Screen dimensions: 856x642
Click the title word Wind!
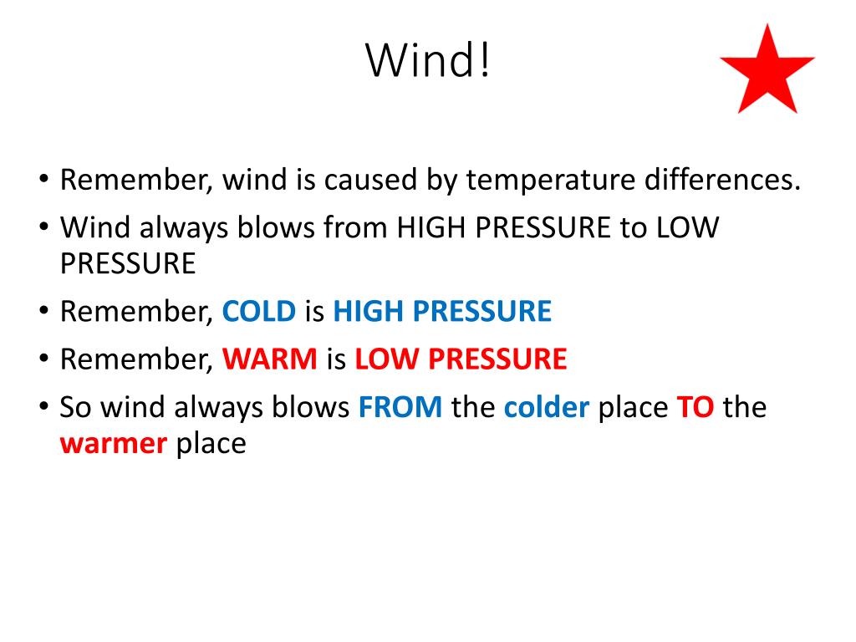point(428,60)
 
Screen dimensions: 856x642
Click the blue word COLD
point(259,311)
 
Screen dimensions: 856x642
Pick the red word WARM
point(270,359)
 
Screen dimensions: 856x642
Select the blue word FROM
point(400,407)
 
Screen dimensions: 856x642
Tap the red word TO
point(695,407)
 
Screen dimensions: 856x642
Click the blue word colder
point(547,407)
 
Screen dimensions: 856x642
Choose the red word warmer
point(114,444)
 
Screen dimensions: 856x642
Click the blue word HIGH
point(368,311)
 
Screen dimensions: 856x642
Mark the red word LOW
point(387,359)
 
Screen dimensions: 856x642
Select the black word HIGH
point(431,227)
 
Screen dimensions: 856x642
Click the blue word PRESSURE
point(482,311)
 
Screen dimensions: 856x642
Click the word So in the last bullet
point(75,407)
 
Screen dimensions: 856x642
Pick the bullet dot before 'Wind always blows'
point(44,227)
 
